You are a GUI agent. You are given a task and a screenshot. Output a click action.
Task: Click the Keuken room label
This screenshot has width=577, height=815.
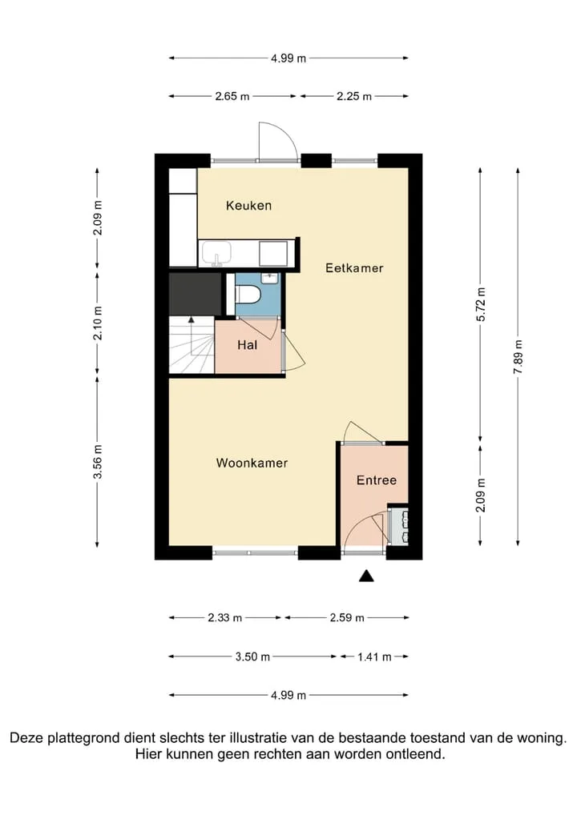tap(248, 205)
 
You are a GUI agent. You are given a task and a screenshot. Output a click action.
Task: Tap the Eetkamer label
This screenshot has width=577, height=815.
tap(354, 267)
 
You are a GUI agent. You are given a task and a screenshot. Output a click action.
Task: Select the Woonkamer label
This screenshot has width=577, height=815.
tap(252, 463)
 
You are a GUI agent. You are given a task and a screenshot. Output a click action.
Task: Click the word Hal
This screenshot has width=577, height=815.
tap(247, 344)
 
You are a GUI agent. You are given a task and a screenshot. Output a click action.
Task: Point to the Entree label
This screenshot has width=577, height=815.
tap(376, 480)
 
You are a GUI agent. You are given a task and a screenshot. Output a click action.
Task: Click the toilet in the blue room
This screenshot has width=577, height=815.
tap(248, 295)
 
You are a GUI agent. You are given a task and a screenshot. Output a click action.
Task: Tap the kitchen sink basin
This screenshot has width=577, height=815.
tap(217, 254)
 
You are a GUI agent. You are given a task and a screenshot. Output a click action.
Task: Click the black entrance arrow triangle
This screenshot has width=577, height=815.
tap(366, 576)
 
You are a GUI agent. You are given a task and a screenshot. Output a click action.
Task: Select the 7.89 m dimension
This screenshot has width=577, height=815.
tap(518, 356)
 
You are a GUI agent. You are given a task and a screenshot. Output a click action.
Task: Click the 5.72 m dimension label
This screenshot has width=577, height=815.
tap(480, 304)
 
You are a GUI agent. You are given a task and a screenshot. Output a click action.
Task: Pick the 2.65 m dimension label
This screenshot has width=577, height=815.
tap(232, 96)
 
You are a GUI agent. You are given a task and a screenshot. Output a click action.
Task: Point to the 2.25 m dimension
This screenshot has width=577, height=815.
tap(353, 96)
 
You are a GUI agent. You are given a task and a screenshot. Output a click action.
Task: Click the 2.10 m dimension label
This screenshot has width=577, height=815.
tap(97, 323)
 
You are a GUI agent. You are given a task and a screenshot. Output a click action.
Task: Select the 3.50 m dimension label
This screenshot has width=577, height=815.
tap(252, 656)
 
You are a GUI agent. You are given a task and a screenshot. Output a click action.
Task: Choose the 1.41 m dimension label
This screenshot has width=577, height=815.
tap(374, 656)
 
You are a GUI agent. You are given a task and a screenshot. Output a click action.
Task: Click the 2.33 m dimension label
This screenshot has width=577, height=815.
tap(224, 617)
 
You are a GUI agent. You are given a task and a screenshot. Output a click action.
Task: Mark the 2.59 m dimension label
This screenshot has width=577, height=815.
tap(347, 617)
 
